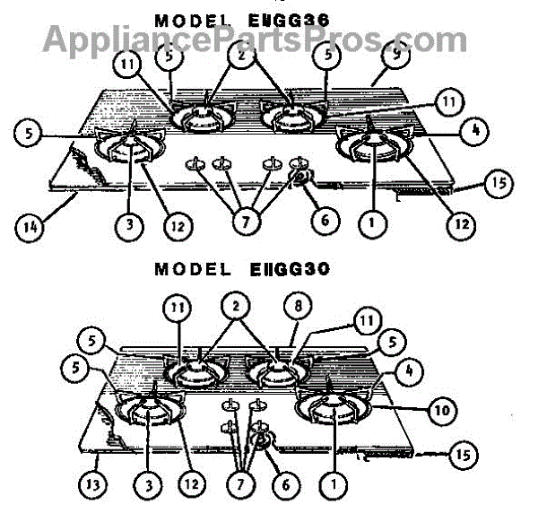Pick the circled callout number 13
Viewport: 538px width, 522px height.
[x=95, y=485]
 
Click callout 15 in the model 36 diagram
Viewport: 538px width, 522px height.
[x=495, y=185]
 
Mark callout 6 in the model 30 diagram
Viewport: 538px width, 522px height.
[x=285, y=484]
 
